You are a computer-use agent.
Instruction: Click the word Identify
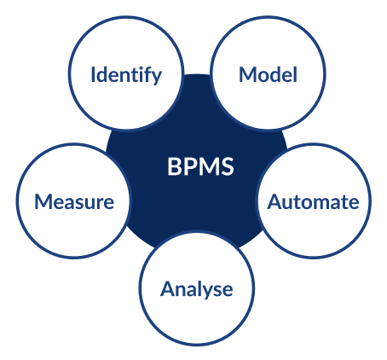click(126, 75)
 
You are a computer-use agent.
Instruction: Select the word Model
click(268, 74)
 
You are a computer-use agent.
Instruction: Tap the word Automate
click(313, 202)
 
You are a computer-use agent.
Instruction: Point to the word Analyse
click(197, 290)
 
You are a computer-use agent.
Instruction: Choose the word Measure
click(74, 202)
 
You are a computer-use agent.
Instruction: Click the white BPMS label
click(200, 166)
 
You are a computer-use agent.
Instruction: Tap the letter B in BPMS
click(173, 166)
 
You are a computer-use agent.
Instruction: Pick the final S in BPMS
click(228, 166)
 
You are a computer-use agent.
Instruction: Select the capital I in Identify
click(93, 74)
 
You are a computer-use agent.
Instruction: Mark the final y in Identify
click(157, 78)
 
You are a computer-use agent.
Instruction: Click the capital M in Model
click(248, 75)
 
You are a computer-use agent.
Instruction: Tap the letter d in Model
click(274, 74)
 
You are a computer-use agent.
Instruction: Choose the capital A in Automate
click(274, 202)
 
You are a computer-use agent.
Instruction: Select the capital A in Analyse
click(167, 288)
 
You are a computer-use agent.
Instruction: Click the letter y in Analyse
click(207, 293)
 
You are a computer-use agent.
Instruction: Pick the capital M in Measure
click(43, 202)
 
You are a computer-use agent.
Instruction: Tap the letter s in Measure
click(84, 204)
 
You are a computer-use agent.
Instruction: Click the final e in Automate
click(354, 204)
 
